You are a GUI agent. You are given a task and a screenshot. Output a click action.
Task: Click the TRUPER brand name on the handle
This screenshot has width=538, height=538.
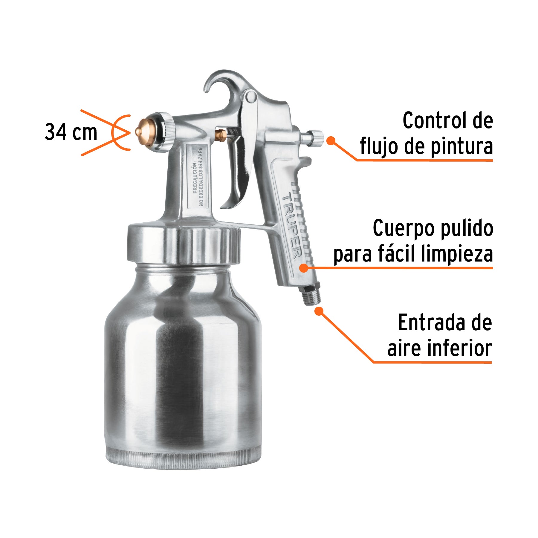(x=291, y=226)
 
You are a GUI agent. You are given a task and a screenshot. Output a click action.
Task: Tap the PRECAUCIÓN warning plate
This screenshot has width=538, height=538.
(x=198, y=176)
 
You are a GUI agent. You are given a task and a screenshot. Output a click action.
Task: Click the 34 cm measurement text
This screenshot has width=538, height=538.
(x=71, y=132)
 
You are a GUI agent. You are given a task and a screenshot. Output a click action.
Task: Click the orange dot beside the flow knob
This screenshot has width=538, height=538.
(x=331, y=140)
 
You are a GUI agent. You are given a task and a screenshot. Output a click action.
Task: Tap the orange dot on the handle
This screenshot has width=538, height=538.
(x=304, y=268)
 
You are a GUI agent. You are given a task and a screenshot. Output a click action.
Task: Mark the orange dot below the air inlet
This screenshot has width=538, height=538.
(x=319, y=311)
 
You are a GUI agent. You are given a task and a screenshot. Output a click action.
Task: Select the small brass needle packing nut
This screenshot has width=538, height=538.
(x=221, y=135)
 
